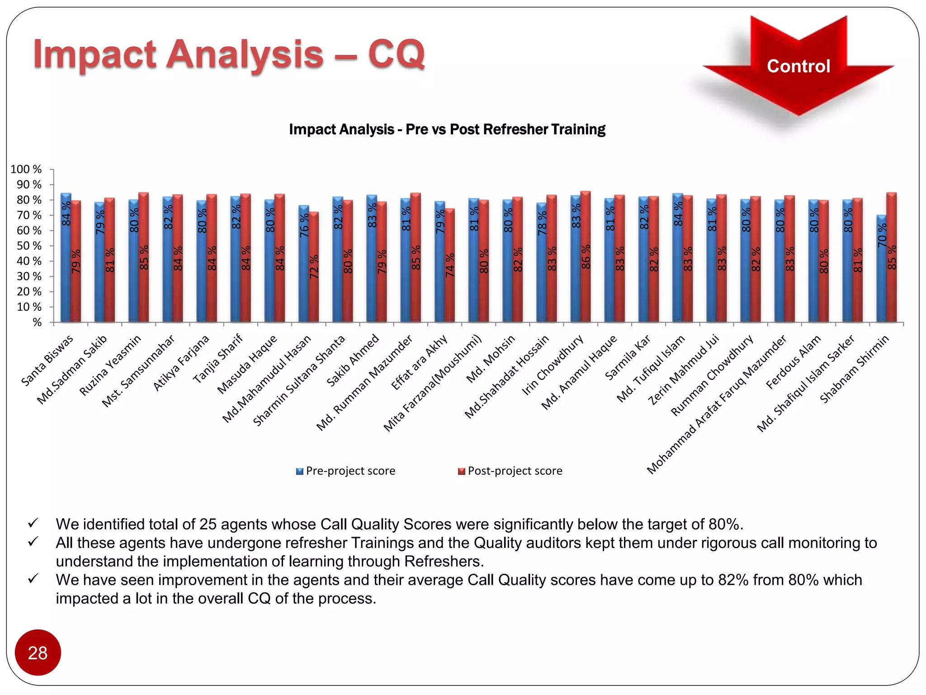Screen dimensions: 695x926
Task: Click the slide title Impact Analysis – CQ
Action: (x=229, y=54)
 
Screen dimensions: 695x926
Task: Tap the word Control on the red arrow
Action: (x=798, y=66)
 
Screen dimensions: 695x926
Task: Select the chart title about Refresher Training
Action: (x=447, y=129)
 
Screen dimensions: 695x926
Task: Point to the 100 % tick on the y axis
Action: (x=26, y=169)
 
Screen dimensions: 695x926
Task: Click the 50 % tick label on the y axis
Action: (x=29, y=246)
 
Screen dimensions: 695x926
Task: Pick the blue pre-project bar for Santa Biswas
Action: (x=66, y=258)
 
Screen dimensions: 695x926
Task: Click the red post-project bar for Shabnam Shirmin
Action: (x=891, y=258)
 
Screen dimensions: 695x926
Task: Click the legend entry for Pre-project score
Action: (x=345, y=471)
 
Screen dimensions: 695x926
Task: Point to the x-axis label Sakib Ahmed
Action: (x=353, y=361)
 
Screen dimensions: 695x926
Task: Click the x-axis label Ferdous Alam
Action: (x=794, y=362)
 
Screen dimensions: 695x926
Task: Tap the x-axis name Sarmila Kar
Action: (x=628, y=357)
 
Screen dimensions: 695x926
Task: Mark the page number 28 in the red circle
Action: (x=38, y=653)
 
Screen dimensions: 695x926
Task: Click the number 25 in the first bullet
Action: (x=207, y=524)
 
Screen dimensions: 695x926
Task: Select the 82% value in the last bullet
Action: (x=733, y=580)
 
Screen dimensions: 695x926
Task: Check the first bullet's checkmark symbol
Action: (x=33, y=524)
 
